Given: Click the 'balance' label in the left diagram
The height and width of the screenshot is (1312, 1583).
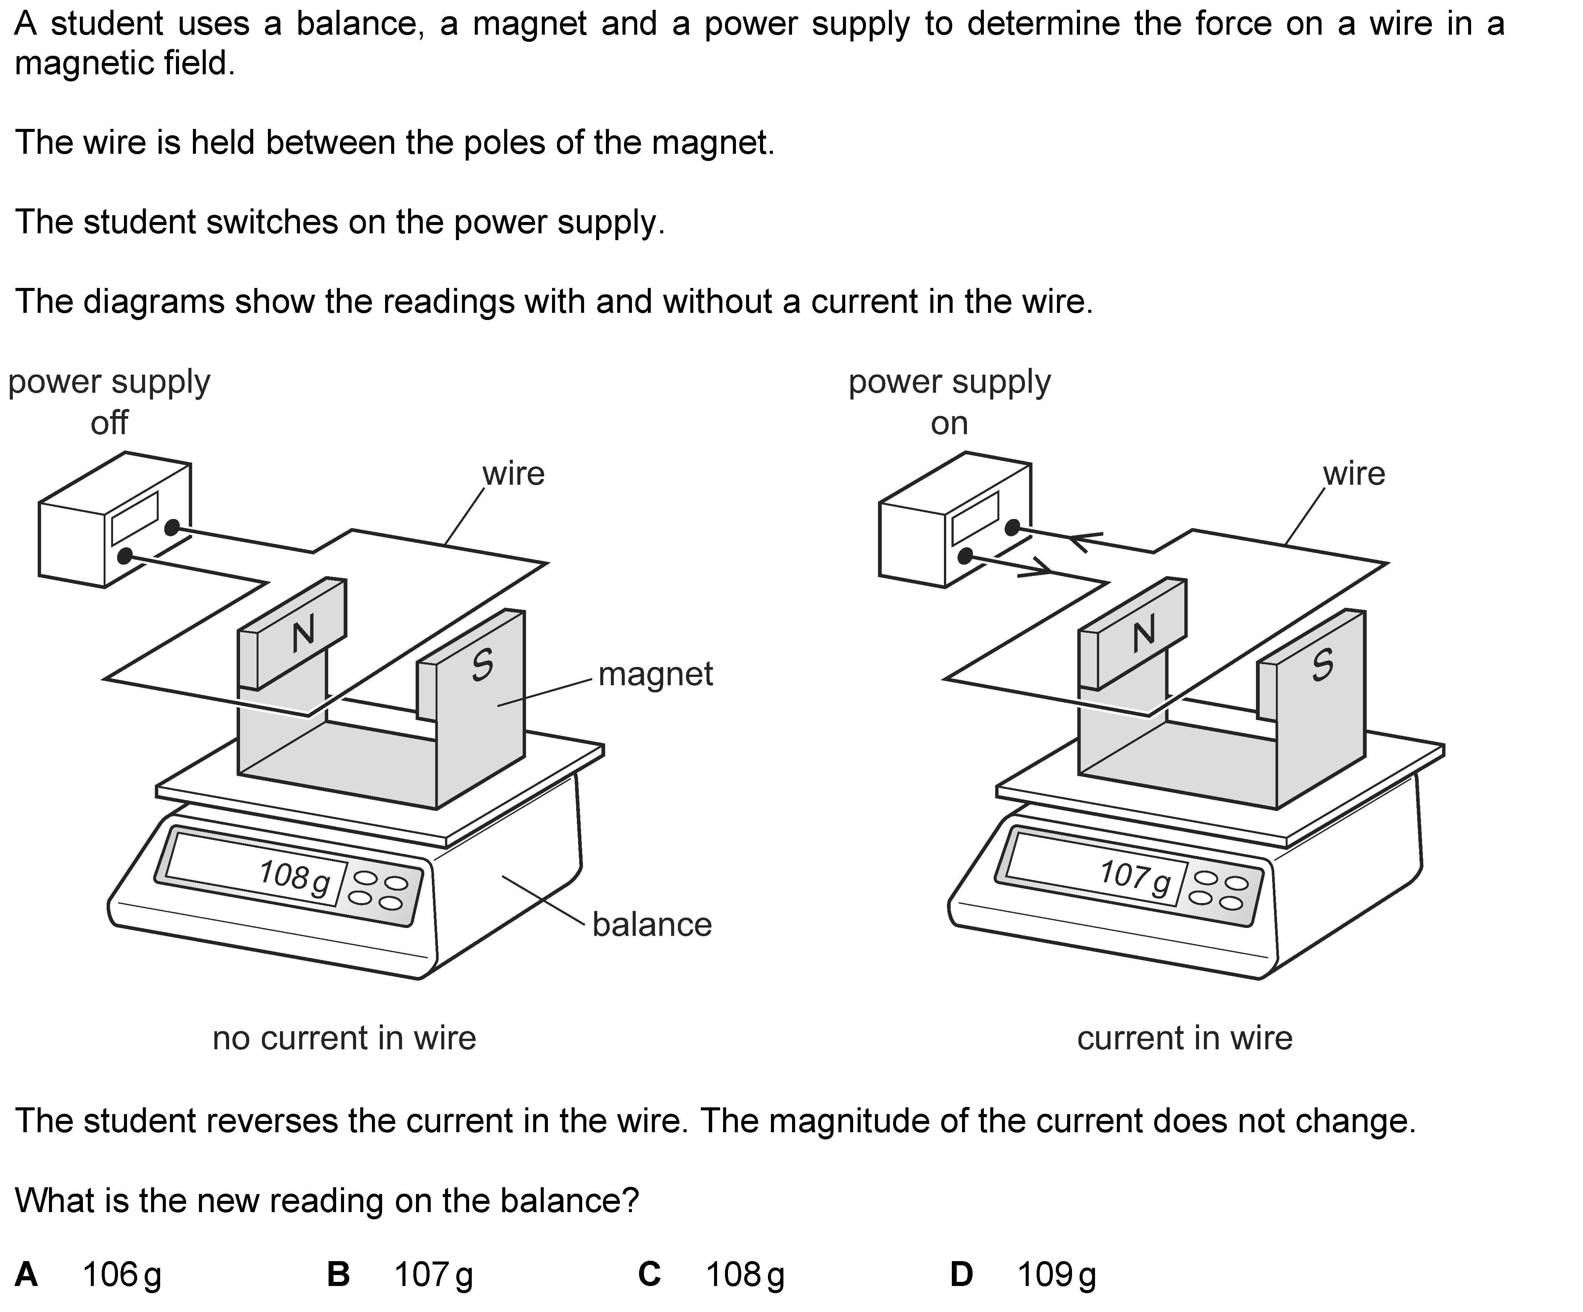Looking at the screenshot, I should (651, 925).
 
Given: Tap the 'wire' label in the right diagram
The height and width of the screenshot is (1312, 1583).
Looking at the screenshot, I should (1354, 473).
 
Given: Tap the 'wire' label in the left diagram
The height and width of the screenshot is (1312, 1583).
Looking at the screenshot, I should (513, 473).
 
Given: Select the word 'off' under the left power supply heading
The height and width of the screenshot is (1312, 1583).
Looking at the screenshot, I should (109, 423).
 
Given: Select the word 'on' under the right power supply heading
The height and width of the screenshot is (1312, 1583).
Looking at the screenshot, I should (949, 423).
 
